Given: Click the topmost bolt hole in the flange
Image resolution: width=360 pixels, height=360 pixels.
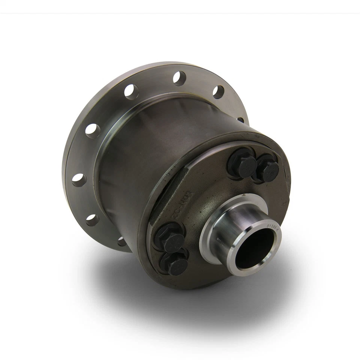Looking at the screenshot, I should tap(179, 78).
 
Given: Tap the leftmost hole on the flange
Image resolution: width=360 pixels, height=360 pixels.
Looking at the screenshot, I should tap(79, 180).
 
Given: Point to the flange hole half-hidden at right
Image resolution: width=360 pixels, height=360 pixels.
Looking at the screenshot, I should tap(240, 120).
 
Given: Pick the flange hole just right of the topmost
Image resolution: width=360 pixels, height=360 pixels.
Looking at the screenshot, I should tap(218, 92).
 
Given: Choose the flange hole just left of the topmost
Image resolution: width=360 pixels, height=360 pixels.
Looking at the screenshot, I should tap(131, 91).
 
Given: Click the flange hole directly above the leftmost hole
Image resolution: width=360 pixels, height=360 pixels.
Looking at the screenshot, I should tap(92, 130).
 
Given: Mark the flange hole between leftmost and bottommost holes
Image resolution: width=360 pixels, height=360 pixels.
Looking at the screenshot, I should tap(92, 220).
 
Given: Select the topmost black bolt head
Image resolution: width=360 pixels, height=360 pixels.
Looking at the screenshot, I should tap(242, 162).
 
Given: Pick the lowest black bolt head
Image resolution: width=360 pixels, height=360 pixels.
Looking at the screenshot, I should tap(175, 264).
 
